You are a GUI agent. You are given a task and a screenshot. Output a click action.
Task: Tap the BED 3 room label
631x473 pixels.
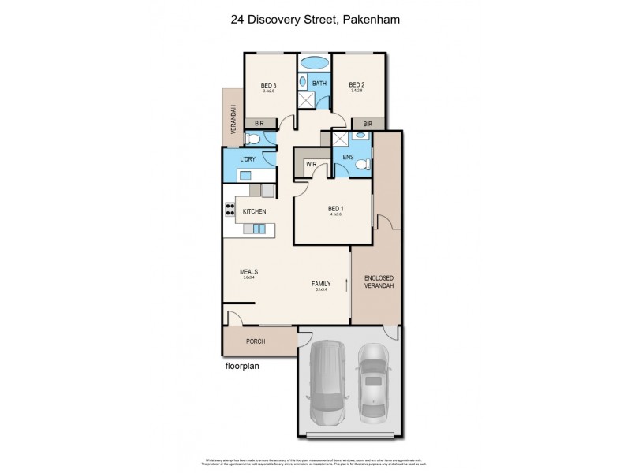268,85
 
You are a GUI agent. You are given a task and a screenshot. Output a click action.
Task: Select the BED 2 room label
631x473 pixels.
356,85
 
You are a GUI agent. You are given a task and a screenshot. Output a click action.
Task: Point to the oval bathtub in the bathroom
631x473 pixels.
314,62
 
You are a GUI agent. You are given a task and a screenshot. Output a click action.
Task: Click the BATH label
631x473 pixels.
319,83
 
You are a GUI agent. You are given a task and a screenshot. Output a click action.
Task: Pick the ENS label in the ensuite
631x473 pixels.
348,158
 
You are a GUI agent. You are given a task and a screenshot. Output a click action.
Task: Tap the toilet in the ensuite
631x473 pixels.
361,165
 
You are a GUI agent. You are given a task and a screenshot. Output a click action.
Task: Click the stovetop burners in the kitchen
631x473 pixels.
231,210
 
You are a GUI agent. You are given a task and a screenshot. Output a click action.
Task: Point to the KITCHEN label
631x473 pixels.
254,211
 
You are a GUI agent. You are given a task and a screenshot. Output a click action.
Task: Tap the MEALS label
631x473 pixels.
249,273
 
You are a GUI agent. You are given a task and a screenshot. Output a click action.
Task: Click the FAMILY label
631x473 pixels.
320,283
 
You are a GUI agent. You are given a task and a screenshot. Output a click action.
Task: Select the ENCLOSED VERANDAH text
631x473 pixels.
379,284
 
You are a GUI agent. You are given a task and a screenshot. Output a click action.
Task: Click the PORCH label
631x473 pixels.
256,341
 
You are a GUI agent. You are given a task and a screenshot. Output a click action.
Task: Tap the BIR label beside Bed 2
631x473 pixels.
368,124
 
